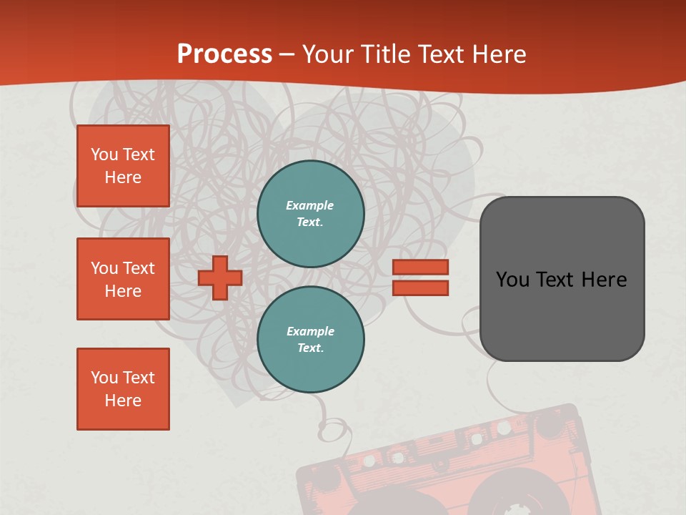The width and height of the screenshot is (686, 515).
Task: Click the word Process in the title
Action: pyautogui.click(x=224, y=54)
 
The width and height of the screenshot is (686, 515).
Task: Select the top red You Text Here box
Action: pyautogui.click(x=123, y=166)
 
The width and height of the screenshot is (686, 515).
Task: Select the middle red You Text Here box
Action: pyautogui.click(x=123, y=279)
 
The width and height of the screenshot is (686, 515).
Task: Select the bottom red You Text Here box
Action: pyautogui.click(x=123, y=389)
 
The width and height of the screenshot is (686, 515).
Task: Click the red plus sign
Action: pyautogui.click(x=220, y=278)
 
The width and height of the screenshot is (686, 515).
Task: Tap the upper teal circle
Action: pyautogui.click(x=310, y=214)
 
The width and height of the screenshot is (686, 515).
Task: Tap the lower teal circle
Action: pyautogui.click(x=310, y=339)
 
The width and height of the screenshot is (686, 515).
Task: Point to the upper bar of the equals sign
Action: pyautogui.click(x=420, y=267)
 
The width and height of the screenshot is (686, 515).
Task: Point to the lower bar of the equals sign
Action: pyautogui.click(x=420, y=288)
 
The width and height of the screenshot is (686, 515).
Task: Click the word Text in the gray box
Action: pyautogui.click(x=555, y=280)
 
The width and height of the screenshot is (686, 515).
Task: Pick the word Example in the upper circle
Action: pyautogui.click(x=310, y=206)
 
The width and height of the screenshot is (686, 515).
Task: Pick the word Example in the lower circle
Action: pyautogui.click(x=310, y=331)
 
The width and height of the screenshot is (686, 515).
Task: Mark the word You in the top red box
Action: pyautogui.click(x=104, y=154)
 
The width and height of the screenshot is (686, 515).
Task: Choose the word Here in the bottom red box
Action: pyautogui.click(x=123, y=401)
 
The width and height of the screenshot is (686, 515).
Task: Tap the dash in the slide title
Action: pyautogui.click(x=287, y=54)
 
